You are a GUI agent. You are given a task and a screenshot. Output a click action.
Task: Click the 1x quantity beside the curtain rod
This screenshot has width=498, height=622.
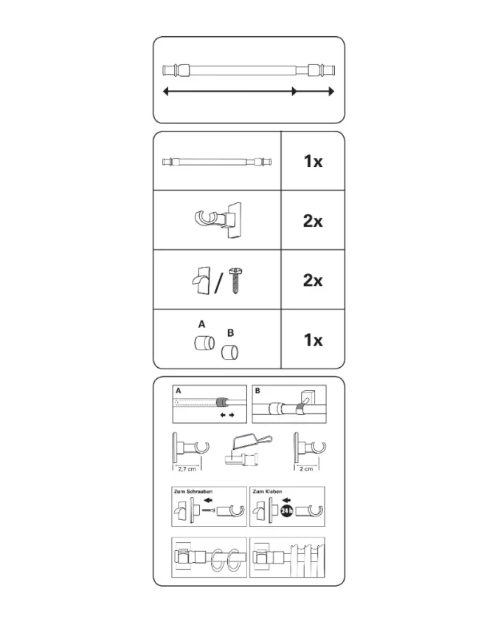click(x=313, y=162)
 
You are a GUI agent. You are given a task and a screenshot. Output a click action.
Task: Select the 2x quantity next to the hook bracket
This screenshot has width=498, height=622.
click(x=313, y=221)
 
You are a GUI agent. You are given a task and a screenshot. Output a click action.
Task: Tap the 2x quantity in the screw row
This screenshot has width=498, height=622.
click(x=313, y=281)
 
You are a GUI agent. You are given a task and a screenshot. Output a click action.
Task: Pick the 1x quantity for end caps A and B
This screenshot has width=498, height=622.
click(x=313, y=341)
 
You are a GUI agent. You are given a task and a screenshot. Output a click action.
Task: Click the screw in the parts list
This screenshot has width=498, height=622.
click(x=235, y=281)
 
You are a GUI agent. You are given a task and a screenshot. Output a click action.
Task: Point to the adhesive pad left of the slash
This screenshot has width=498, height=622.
click(x=201, y=280)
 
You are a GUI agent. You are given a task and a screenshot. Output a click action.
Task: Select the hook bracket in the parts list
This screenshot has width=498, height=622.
click(x=218, y=219)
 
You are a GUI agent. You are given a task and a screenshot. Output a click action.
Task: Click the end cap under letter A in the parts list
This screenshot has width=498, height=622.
click(x=204, y=343)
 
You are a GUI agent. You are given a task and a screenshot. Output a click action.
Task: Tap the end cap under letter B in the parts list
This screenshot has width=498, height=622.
click(x=229, y=352)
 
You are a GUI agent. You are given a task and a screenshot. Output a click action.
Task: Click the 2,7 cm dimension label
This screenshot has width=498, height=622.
click(x=187, y=469)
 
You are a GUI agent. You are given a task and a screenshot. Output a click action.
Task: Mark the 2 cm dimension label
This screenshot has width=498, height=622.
click(x=306, y=469)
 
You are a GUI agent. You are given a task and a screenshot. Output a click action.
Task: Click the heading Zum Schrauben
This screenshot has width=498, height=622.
click(x=193, y=491)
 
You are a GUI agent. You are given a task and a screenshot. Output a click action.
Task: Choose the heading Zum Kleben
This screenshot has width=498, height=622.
click(x=267, y=491)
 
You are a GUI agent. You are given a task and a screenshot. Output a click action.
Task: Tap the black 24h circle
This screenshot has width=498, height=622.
click(x=286, y=511)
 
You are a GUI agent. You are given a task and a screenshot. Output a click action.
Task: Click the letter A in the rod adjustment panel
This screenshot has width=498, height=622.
click(x=179, y=391)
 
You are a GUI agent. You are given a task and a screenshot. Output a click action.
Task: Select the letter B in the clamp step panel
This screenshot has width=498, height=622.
click(x=257, y=391)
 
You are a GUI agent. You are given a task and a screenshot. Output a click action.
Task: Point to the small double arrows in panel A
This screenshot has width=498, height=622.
click(x=227, y=415)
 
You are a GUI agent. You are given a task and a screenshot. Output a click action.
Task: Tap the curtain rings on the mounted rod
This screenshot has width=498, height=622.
click(x=226, y=560)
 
